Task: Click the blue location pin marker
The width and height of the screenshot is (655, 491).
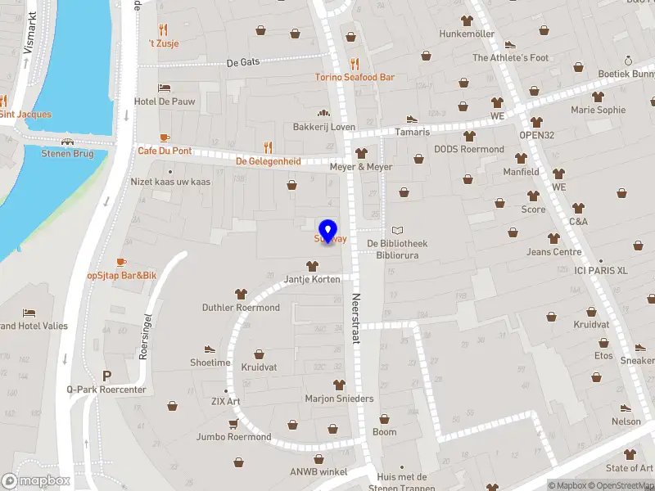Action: (328, 232)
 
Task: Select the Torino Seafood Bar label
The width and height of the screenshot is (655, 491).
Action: (355, 77)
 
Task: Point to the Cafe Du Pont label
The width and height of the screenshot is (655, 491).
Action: (165, 151)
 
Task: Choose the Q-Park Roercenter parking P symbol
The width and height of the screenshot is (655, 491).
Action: (106, 376)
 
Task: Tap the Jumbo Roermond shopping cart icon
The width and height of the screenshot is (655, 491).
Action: (233, 424)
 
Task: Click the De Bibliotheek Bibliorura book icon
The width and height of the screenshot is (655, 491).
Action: (398, 231)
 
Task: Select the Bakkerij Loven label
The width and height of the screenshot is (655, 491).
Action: (324, 127)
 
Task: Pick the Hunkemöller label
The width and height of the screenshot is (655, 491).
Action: (467, 34)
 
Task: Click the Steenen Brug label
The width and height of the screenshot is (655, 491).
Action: (67, 154)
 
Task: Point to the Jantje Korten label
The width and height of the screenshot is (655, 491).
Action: (311, 279)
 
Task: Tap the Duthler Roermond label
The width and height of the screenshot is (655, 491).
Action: (241, 308)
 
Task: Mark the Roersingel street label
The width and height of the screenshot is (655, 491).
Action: (146, 336)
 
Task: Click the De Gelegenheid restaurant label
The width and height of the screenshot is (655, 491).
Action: (269, 161)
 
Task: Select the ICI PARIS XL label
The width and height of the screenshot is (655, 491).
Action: (601, 270)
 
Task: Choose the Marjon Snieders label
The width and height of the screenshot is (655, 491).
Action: (339, 399)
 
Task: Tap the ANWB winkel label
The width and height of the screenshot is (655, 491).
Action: (319, 471)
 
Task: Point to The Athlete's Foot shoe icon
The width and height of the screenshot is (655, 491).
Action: (510, 45)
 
